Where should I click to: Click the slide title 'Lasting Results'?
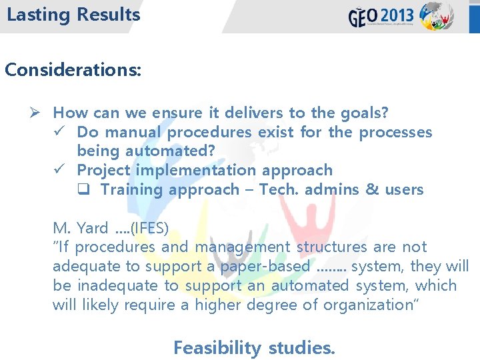[73, 15]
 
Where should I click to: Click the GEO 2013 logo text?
[381, 16]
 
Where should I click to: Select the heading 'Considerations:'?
[73, 69]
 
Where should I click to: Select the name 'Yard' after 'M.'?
[92, 228]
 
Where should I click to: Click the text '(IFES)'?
[150, 228]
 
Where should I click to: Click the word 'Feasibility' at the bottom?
[217, 347]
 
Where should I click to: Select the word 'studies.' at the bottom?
[302, 347]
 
